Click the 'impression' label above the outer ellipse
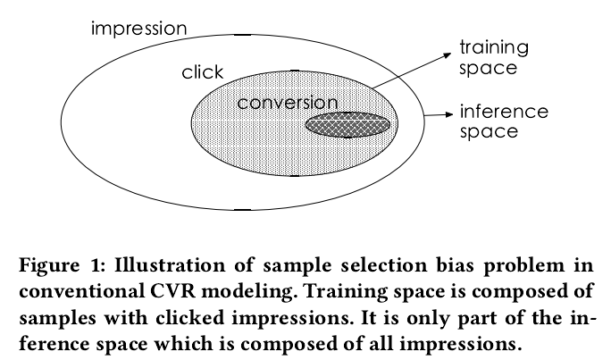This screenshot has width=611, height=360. point(138,29)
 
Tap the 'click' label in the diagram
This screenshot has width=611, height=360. point(202,72)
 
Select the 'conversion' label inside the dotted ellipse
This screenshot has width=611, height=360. point(287,103)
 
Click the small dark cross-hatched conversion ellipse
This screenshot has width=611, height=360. point(347,125)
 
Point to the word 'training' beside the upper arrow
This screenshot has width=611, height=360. point(494,48)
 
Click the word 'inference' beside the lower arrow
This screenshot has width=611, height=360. point(504,112)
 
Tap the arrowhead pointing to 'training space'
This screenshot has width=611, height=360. point(448,55)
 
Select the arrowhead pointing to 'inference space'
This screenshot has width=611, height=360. point(449,114)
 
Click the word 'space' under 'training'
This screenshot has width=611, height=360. point(488,69)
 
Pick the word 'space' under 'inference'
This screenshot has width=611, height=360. point(489,131)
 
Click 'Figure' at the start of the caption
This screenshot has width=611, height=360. point(49,266)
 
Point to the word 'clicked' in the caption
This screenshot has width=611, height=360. point(189,317)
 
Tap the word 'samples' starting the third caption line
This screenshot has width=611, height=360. point(58,318)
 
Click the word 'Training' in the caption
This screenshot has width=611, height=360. point(345,292)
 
